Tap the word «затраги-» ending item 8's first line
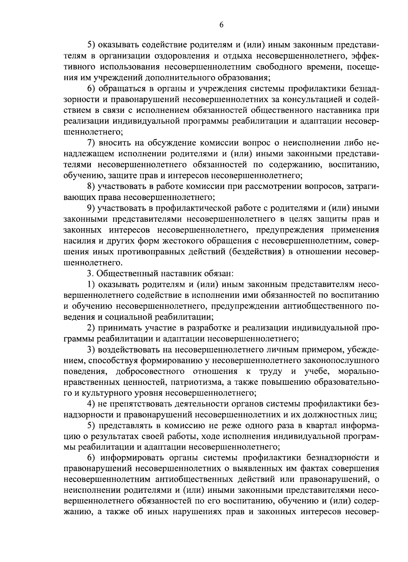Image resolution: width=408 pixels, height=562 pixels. (361, 186)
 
